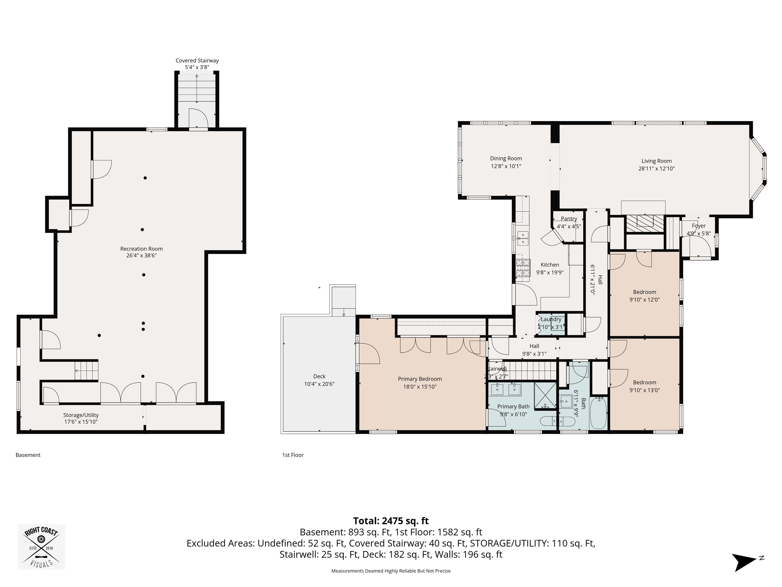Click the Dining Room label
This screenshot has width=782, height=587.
point(506,158)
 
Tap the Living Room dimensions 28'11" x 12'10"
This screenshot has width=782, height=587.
point(656,169)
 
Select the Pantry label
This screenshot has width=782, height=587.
point(569,219)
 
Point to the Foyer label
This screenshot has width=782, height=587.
point(699,226)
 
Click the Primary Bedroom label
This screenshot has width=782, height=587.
point(420,379)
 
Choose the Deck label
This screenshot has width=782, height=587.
point(319,377)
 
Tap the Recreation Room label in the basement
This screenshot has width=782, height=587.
point(142,249)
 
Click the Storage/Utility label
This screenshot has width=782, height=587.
point(81,415)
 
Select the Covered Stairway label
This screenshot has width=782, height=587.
point(197,60)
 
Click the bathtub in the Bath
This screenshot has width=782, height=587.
point(598,413)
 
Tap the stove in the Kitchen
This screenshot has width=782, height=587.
point(523,268)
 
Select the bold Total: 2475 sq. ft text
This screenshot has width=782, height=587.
point(391,521)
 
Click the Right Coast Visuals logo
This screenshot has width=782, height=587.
point(41,547)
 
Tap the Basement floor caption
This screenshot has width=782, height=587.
point(28,455)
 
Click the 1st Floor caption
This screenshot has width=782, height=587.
point(293,455)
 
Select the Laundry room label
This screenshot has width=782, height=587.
point(551,319)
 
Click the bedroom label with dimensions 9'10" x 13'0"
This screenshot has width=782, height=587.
point(645,382)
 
